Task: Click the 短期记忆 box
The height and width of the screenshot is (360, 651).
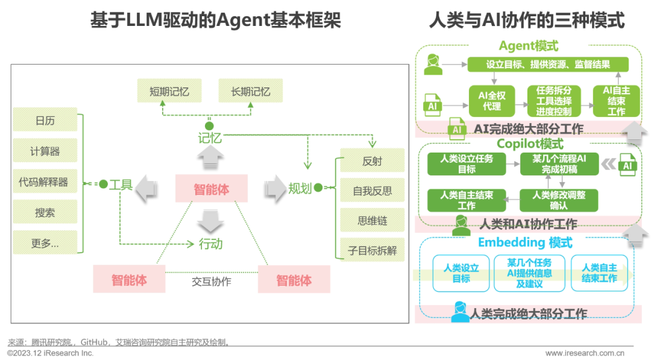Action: coord(169,92)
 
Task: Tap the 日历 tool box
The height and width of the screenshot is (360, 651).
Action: coord(45,120)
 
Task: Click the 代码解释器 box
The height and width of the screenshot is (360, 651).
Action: coord(45,182)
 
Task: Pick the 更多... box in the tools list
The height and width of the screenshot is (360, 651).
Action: coord(45,243)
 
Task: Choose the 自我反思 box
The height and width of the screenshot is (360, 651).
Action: coord(372,191)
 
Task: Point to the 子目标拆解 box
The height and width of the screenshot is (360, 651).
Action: coord(372,250)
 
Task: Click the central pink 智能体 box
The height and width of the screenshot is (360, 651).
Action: coord(211,189)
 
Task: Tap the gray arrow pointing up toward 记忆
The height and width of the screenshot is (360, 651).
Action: coord(210,159)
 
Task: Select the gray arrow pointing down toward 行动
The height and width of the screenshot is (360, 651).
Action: coord(210,220)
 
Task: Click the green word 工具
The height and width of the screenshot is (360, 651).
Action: coord(121,185)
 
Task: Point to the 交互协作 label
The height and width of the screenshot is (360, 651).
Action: coord(212,281)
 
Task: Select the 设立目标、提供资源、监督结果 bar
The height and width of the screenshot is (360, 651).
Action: coord(548,65)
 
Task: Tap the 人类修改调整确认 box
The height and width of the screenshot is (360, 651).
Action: coord(559,200)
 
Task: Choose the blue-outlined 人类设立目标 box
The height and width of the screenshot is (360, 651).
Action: coord(461,273)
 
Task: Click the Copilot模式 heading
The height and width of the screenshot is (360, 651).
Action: coord(530,144)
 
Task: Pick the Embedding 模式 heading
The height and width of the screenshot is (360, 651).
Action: coord(525,242)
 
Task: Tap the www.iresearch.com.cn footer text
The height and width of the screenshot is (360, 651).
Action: coord(585,353)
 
